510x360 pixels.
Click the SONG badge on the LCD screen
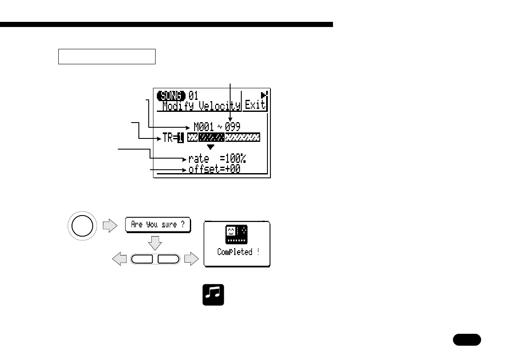(171, 95)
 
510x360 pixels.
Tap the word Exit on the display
(255, 105)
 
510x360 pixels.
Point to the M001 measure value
(204, 126)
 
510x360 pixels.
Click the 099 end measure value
(233, 126)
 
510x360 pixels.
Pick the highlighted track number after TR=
(180, 138)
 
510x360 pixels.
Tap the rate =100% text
(217, 159)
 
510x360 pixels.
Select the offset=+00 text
(214, 169)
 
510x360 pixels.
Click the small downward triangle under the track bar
(210, 147)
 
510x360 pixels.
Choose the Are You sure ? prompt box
(158, 225)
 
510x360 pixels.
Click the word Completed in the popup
(235, 252)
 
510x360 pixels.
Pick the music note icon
(213, 294)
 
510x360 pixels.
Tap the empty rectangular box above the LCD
(107, 56)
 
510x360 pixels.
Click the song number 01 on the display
(193, 95)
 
